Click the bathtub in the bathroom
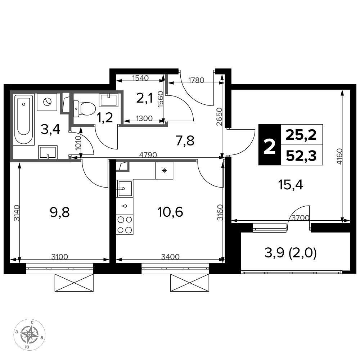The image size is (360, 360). coord(24,119)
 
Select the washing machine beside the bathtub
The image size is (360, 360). coord(47,102)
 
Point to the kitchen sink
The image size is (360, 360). coord(125,188)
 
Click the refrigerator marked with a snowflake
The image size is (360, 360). coord(164,170)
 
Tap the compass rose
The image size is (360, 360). coord(30,334)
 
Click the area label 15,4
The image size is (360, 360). coord(290,185)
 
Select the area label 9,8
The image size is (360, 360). coord(59,213)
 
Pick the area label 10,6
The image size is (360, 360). coord(170,212)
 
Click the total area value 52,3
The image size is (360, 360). coord(301,156)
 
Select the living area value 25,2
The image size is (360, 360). coord(301,135)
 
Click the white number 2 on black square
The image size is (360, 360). coord(270,145)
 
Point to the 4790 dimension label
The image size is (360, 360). coord(148,155)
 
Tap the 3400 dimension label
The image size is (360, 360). coord(170,256)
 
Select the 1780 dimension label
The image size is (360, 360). coord(196,80)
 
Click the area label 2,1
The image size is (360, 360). coord(144,99)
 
